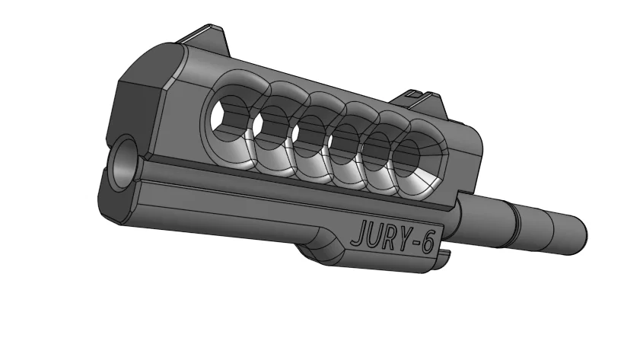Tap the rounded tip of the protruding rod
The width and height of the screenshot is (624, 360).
[579, 226]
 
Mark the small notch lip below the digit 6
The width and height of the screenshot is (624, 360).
[440, 262]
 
